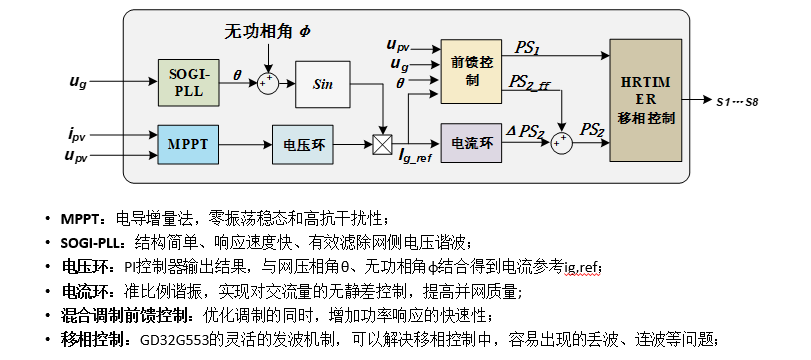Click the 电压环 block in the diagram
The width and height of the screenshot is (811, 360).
(x=303, y=145)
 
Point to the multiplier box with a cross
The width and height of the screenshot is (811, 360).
(x=381, y=145)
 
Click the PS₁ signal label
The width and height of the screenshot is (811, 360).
(x=529, y=48)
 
